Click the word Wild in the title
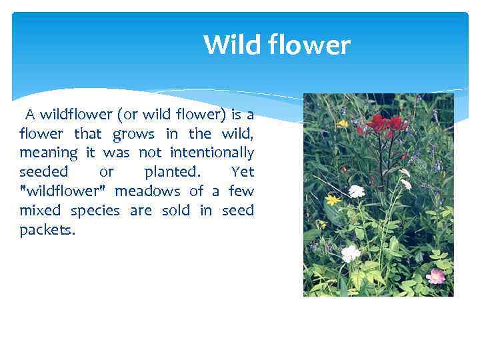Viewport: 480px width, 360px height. (228, 45)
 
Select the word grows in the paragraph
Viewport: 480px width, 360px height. (133, 134)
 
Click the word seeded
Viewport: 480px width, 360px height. (43, 172)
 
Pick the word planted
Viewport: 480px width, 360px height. (171, 172)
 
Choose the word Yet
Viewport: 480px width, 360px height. (242, 172)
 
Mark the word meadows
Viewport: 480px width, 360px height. (148, 191)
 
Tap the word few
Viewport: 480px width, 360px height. (241, 191)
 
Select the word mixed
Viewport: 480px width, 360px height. (39, 211)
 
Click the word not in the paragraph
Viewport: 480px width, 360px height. (149, 153)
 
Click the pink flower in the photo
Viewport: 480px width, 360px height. (435, 275)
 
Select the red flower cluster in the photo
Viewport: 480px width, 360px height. (387, 123)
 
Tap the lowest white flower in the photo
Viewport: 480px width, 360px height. (350, 253)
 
